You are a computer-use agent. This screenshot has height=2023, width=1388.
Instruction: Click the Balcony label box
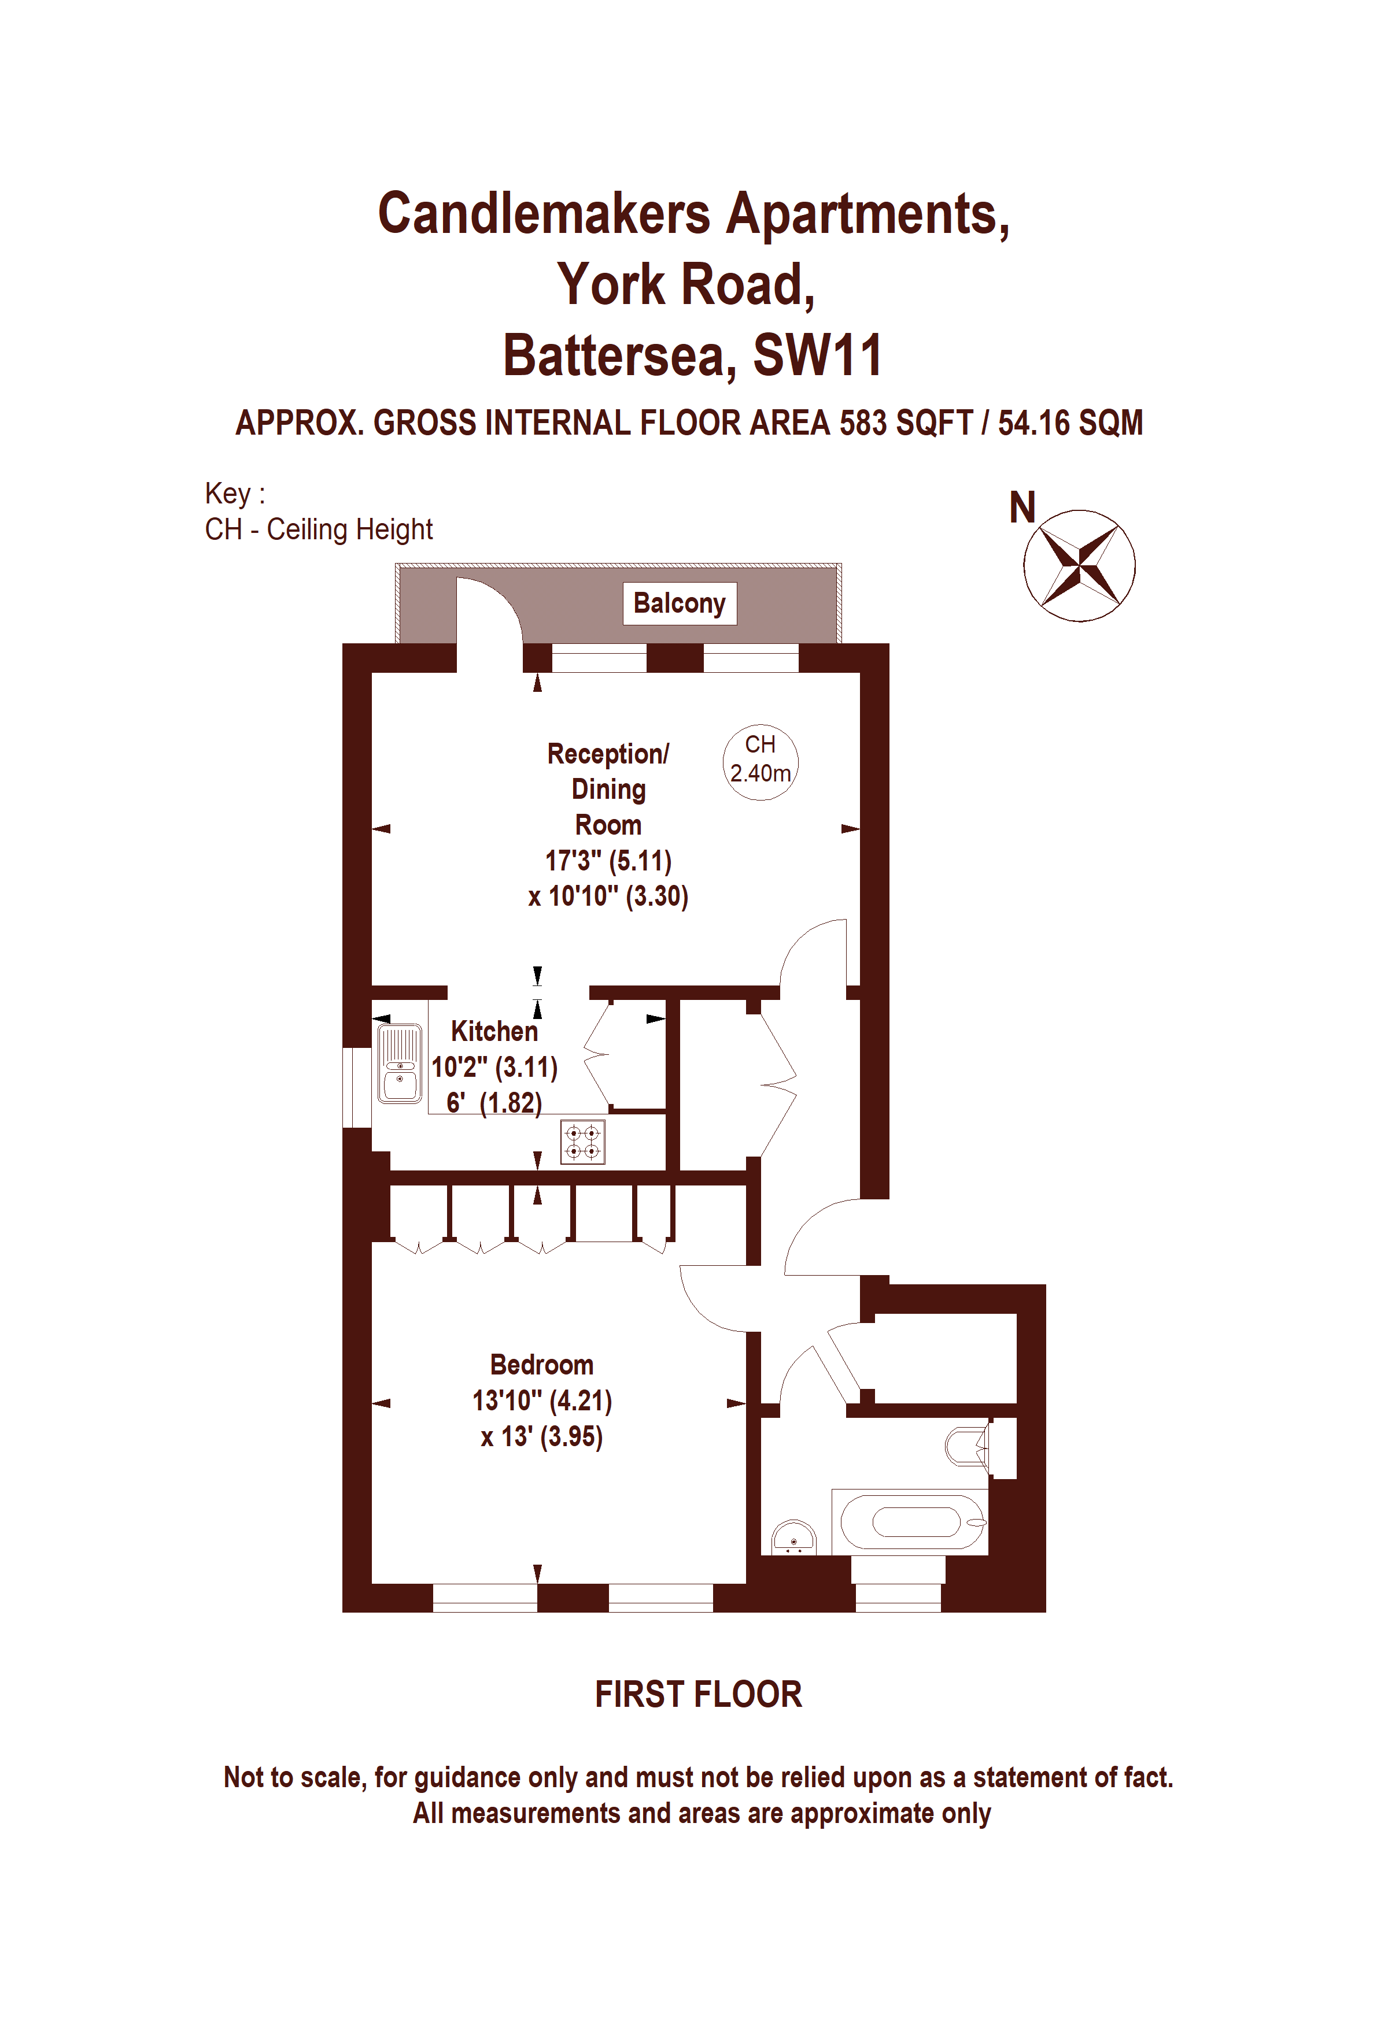pyautogui.click(x=679, y=603)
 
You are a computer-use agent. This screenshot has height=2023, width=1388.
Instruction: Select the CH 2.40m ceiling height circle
pyautogui.click(x=760, y=762)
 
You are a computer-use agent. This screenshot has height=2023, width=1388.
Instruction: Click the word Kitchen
pyautogui.click(x=494, y=1032)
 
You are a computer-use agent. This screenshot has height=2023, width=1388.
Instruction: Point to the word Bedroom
pyautogui.click(x=542, y=1364)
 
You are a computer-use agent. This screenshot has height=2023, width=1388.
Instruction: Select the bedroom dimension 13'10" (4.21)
pyautogui.click(x=542, y=1400)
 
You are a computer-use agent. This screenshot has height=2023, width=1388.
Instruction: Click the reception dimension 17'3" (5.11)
pyautogui.click(x=608, y=861)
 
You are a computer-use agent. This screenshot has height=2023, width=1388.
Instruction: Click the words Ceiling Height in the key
pyautogui.click(x=350, y=529)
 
